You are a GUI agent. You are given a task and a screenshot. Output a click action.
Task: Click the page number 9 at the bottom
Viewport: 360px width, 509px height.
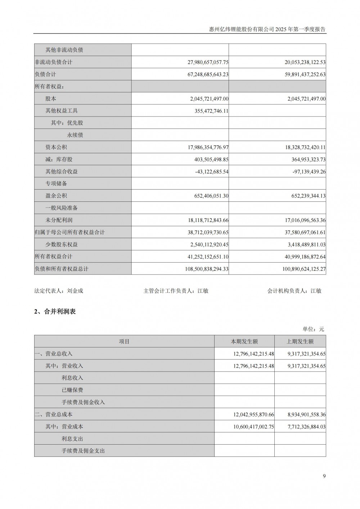[324, 476]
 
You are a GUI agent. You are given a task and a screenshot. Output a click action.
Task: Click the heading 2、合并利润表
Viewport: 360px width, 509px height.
[55, 312]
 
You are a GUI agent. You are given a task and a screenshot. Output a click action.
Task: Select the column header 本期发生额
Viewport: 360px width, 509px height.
[244, 341]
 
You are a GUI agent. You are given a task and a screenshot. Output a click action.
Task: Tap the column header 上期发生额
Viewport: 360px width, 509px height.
[300, 341]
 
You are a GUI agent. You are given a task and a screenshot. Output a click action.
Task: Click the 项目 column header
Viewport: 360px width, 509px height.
[124, 341]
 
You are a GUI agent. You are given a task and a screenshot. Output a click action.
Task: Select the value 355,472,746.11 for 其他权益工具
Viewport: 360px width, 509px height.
[211, 111]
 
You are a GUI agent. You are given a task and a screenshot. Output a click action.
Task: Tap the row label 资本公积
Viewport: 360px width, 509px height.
[56, 147]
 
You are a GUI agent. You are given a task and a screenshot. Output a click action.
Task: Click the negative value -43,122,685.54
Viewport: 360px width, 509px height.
[211, 172]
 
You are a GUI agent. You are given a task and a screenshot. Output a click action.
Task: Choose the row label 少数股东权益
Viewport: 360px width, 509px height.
[62, 244]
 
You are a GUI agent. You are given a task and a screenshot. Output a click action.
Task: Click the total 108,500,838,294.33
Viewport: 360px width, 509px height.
[206, 269]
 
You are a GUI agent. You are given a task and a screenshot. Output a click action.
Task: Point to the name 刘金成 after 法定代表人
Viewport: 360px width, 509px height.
[75, 291]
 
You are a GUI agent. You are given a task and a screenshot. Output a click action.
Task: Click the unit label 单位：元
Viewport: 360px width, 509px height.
[313, 329]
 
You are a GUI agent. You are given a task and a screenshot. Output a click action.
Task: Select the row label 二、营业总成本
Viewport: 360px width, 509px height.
[54, 414]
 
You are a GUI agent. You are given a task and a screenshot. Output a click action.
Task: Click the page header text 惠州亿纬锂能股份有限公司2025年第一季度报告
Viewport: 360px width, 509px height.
[267, 29]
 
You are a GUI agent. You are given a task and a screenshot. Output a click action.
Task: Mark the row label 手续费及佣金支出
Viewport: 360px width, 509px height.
[83, 451]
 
